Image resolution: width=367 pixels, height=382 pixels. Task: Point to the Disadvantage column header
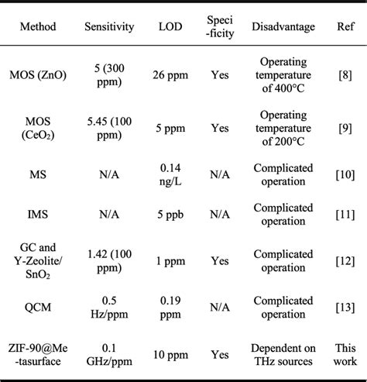[x=283, y=27]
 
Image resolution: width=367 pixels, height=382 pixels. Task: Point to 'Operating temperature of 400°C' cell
[x=283, y=76]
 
